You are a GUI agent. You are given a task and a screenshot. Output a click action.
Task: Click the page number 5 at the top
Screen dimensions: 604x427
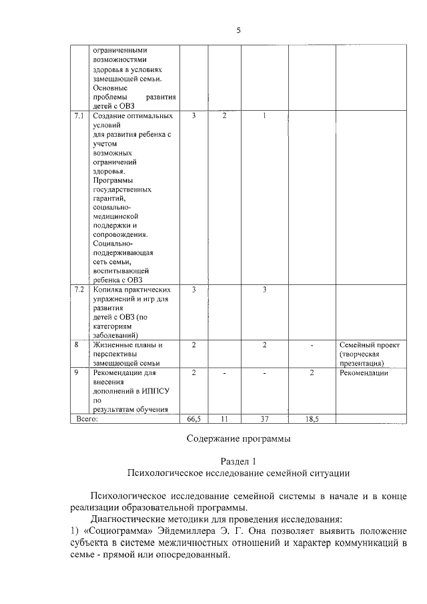coord(238,30)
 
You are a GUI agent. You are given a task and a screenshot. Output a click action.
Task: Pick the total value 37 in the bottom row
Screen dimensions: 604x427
coord(264,418)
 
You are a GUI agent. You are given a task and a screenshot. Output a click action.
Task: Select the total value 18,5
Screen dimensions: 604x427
coord(312,418)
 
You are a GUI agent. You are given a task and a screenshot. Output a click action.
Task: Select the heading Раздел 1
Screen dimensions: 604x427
coord(238,461)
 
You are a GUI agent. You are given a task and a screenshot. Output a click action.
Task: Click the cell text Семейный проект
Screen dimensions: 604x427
coord(369,345)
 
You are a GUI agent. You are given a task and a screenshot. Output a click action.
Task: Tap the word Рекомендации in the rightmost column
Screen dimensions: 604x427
coord(364,373)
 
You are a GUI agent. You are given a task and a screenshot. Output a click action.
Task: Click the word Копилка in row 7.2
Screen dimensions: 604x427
coord(107,290)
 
